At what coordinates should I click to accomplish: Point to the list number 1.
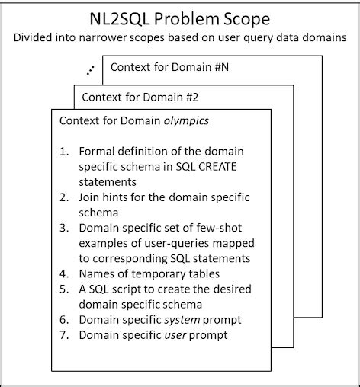point(64,149)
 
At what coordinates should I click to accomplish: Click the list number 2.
point(64,197)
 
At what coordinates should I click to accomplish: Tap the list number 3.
point(64,228)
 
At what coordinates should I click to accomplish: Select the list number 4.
point(64,273)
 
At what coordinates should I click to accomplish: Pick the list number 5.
point(64,289)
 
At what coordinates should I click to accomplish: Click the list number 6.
point(64,319)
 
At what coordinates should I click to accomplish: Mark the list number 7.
point(64,334)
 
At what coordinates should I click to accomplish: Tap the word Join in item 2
point(91,197)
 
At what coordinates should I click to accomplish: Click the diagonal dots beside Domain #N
point(92,69)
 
